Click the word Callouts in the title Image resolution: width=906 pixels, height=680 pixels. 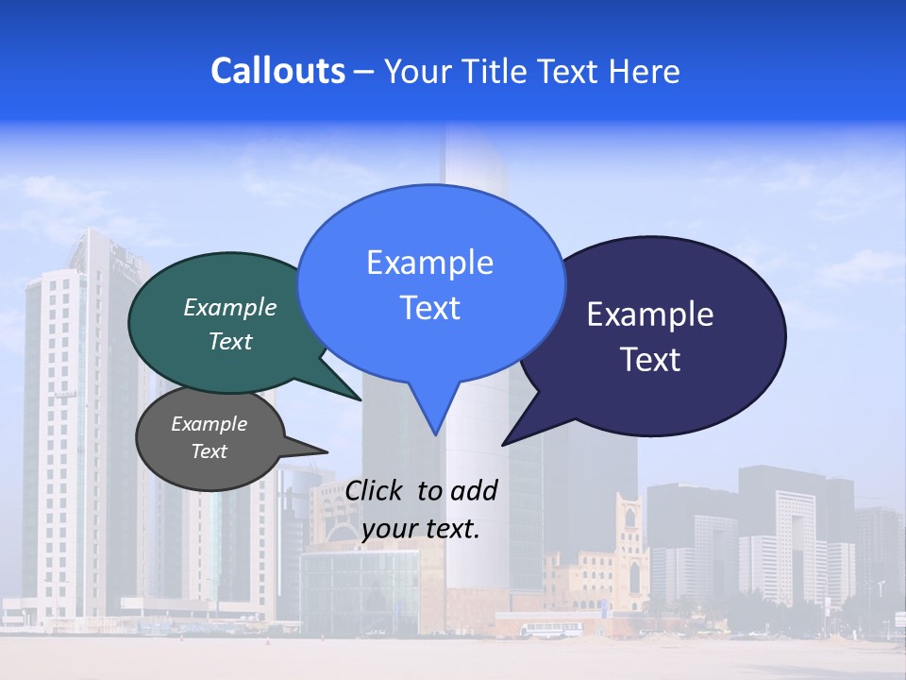[277, 71]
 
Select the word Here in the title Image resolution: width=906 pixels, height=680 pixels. [645, 71]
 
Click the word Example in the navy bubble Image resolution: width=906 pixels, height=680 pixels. [650, 314]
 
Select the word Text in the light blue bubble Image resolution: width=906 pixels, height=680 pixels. [430, 308]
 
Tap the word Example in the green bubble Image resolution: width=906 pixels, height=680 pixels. [230, 307]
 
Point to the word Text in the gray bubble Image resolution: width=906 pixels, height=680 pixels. [209, 451]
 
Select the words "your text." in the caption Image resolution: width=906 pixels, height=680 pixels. [421, 529]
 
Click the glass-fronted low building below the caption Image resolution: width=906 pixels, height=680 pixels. [359, 590]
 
